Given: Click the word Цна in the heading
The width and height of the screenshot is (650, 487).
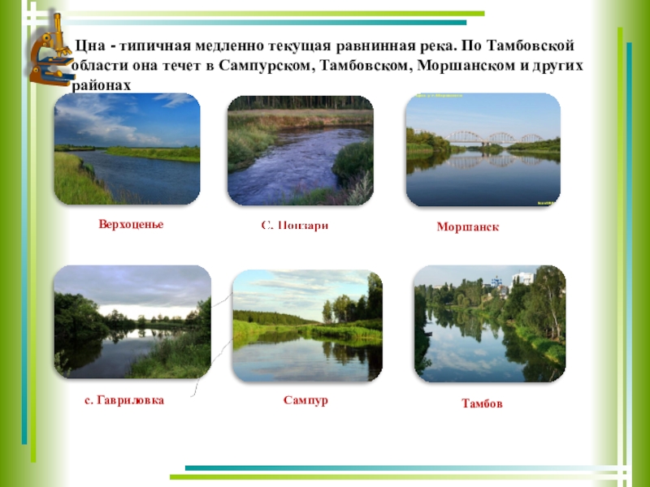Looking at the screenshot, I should pyautogui.click(x=86, y=47).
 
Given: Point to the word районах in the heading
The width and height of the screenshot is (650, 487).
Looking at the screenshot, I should pyautogui.click(x=102, y=84).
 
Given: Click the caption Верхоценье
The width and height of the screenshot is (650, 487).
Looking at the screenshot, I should pyautogui.click(x=126, y=224).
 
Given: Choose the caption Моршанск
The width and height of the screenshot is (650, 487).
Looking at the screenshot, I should pyautogui.click(x=467, y=227).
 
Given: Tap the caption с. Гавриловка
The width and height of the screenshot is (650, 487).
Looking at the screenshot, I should pyautogui.click(x=123, y=400).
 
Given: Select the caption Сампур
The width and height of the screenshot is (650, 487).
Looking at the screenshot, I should pyautogui.click(x=305, y=400).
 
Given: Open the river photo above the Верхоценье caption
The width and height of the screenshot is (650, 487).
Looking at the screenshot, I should pyautogui.click(x=127, y=149).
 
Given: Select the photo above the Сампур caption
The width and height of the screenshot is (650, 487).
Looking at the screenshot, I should pyautogui.click(x=307, y=326).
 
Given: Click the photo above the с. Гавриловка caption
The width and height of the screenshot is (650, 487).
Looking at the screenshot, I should pyautogui.click(x=132, y=322).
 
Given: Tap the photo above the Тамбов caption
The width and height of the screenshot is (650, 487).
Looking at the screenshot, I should pyautogui.click(x=489, y=324).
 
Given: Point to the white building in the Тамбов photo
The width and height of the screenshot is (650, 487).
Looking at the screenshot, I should pyautogui.click(x=522, y=278).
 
